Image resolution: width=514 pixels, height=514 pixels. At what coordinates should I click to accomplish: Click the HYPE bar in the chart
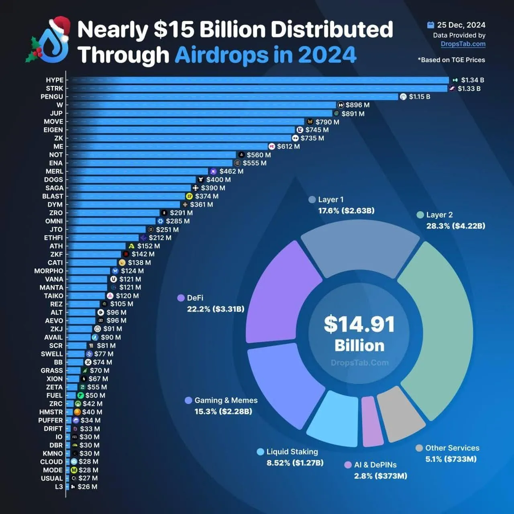click(257, 80)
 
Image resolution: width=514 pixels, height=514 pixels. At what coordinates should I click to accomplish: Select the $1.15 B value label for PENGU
click(419, 97)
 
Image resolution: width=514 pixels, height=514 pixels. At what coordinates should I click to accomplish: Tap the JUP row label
click(56, 113)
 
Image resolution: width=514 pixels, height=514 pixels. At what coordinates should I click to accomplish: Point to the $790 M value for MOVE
click(327, 122)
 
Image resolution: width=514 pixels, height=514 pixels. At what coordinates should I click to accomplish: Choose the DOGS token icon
click(201, 179)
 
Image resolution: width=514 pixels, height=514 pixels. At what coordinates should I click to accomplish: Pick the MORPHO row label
click(49, 271)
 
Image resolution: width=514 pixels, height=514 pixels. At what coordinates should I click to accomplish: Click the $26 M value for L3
click(87, 487)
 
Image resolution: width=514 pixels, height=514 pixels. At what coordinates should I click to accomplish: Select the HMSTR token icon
click(78, 412)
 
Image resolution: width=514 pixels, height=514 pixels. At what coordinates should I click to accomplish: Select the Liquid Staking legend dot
click(260, 452)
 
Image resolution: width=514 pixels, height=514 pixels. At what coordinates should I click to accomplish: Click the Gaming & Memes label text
click(226, 400)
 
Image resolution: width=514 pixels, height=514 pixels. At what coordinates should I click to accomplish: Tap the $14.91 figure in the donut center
click(359, 324)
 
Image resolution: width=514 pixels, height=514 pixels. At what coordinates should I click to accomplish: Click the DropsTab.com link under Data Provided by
click(463, 44)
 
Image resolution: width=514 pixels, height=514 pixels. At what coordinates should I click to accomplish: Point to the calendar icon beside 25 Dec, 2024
click(430, 25)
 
